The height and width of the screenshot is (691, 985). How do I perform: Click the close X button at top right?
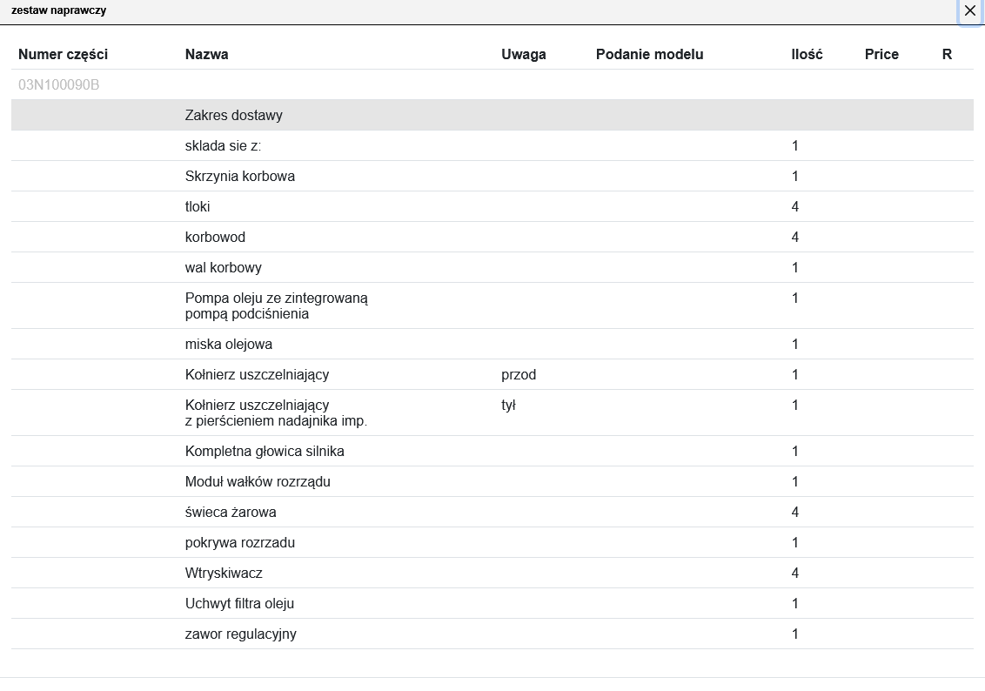coord(969,11)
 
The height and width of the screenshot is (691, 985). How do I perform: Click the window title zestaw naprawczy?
coord(59,10)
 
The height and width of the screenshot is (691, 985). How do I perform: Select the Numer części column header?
coord(63,54)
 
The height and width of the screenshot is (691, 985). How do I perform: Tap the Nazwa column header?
coord(207,54)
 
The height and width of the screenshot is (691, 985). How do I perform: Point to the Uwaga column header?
coord(524,54)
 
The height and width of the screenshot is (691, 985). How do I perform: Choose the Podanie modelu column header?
coord(649,54)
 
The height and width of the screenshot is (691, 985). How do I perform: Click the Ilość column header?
coord(807,54)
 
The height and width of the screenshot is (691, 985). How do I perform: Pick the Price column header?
coord(881,54)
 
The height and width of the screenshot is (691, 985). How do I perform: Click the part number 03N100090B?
coord(58,84)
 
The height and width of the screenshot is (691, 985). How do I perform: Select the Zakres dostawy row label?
coord(234,115)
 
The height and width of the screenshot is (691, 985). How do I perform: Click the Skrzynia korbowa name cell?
coord(240,176)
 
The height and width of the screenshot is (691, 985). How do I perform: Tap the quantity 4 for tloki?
coord(795,206)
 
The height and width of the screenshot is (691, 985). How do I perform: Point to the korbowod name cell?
coord(215,237)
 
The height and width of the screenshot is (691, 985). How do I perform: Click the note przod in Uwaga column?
coord(519,374)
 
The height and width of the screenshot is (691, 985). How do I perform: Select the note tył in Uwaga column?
coord(509,405)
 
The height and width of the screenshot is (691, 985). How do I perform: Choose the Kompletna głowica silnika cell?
coord(265,451)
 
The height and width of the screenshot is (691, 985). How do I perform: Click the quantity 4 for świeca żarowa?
coord(795,512)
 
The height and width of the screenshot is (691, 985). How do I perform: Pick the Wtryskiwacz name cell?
coord(224,573)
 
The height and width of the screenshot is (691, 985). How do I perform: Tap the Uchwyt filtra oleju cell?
coord(245,603)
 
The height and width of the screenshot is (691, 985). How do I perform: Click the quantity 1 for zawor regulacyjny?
coord(795,634)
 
